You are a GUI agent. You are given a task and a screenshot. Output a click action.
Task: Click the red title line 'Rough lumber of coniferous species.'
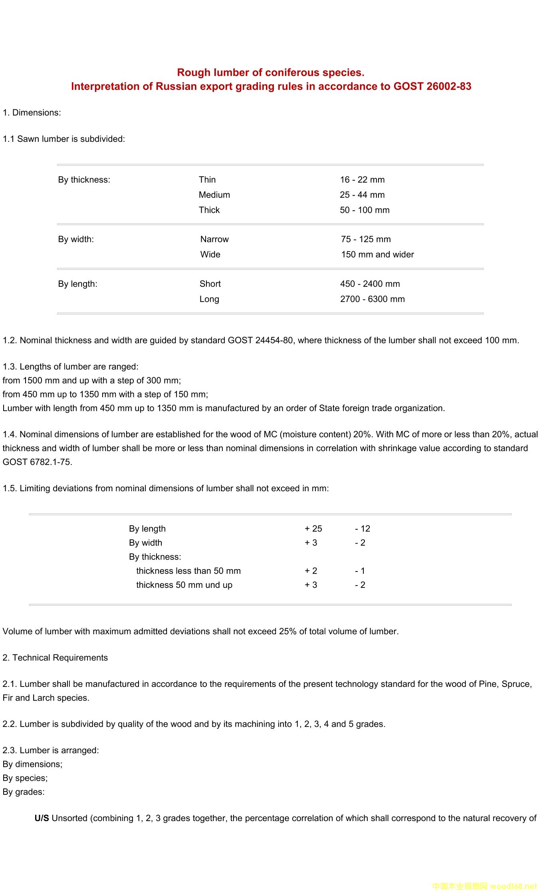click(x=270, y=72)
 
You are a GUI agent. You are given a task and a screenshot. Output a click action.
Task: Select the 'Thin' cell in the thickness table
click(x=207, y=180)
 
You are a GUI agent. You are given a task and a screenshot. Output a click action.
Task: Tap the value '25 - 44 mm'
click(x=362, y=195)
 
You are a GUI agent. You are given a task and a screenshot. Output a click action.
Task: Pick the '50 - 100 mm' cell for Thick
click(x=365, y=210)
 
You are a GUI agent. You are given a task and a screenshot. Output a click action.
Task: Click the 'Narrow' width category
click(x=214, y=239)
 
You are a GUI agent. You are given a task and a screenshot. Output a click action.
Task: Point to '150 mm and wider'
click(x=377, y=254)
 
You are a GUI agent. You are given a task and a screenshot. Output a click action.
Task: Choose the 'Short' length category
click(x=210, y=284)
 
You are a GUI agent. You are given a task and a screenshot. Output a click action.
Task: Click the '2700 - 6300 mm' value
click(x=372, y=299)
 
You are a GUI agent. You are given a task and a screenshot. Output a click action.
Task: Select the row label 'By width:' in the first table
click(x=76, y=239)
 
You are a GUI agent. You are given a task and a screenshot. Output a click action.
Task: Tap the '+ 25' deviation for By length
click(x=313, y=529)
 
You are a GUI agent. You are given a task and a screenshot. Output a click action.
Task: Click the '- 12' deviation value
click(x=363, y=529)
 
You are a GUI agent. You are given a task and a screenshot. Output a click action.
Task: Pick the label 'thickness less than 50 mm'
click(x=188, y=571)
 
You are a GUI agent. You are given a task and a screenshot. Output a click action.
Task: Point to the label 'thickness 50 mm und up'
click(x=184, y=585)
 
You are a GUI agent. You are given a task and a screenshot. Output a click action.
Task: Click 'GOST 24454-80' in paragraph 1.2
click(x=260, y=340)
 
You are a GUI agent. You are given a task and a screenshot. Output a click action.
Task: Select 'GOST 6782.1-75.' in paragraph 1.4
click(x=38, y=462)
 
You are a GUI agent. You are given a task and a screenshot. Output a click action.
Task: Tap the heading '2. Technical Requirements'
click(x=55, y=658)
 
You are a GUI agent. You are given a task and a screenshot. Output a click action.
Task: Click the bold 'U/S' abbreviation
click(x=42, y=818)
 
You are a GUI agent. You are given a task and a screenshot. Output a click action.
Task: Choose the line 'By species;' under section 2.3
click(x=25, y=778)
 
